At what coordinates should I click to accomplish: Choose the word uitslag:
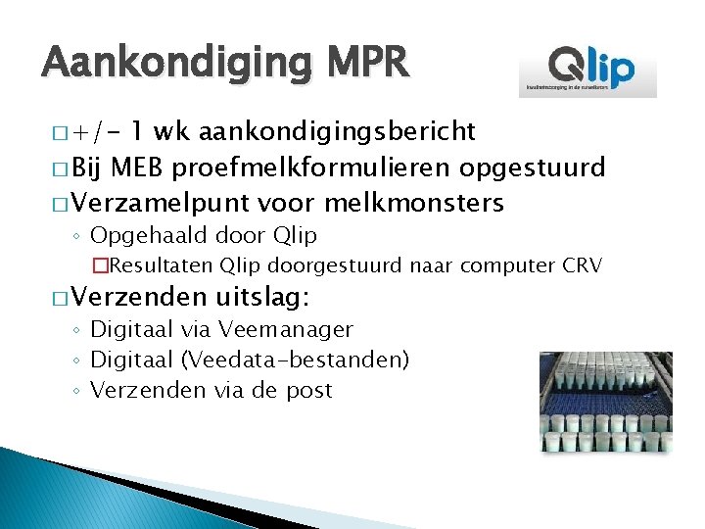click(x=259, y=297)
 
